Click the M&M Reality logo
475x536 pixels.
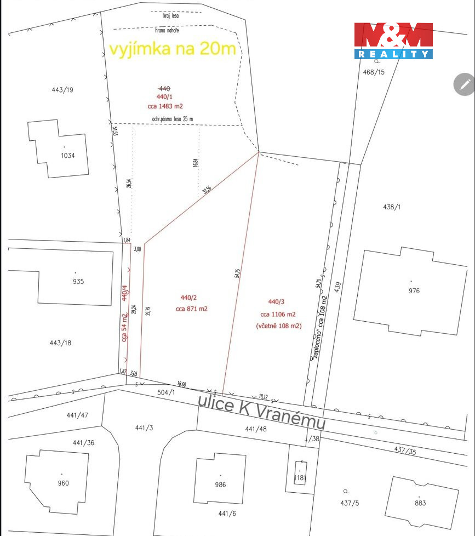click(x=393, y=41)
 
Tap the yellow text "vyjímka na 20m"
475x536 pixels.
click(x=173, y=49)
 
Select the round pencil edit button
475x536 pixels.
click(x=465, y=84)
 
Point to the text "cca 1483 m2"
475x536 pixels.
click(x=165, y=106)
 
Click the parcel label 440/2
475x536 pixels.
click(x=188, y=298)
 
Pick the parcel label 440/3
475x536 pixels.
click(x=276, y=302)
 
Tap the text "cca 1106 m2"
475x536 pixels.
click(x=278, y=314)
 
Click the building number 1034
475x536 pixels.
click(x=67, y=155)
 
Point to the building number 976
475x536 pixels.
click(x=414, y=290)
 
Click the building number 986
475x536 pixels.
click(x=220, y=484)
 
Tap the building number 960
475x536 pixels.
click(x=63, y=483)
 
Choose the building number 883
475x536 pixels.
click(x=420, y=503)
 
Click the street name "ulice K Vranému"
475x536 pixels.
click(x=262, y=411)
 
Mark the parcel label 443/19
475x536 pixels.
click(x=62, y=90)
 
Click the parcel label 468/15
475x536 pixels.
click(x=374, y=72)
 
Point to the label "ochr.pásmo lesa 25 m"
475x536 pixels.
click(x=173, y=118)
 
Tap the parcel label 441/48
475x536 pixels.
click(x=256, y=429)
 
